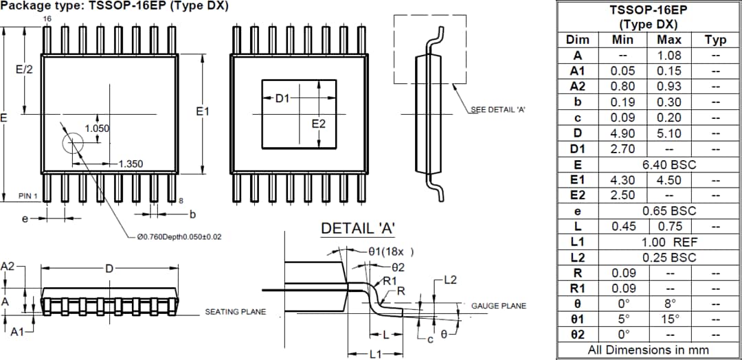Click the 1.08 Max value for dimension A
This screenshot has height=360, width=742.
668,55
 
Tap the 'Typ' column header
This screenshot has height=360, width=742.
715,39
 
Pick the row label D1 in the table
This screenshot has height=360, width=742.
578,149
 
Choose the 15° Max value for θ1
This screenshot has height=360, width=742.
668,319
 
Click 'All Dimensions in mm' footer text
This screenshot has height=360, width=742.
648,350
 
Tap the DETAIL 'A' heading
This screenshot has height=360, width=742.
358,228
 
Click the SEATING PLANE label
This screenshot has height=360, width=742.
235,312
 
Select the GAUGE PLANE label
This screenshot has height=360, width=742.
498,306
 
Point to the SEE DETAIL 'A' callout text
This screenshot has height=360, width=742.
498,110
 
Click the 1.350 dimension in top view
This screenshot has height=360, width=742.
130,164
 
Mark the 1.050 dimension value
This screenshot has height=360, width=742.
97,128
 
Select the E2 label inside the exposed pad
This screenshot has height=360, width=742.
318,124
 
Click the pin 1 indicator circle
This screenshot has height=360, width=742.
72,144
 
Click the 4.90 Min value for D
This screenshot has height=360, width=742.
622,133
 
